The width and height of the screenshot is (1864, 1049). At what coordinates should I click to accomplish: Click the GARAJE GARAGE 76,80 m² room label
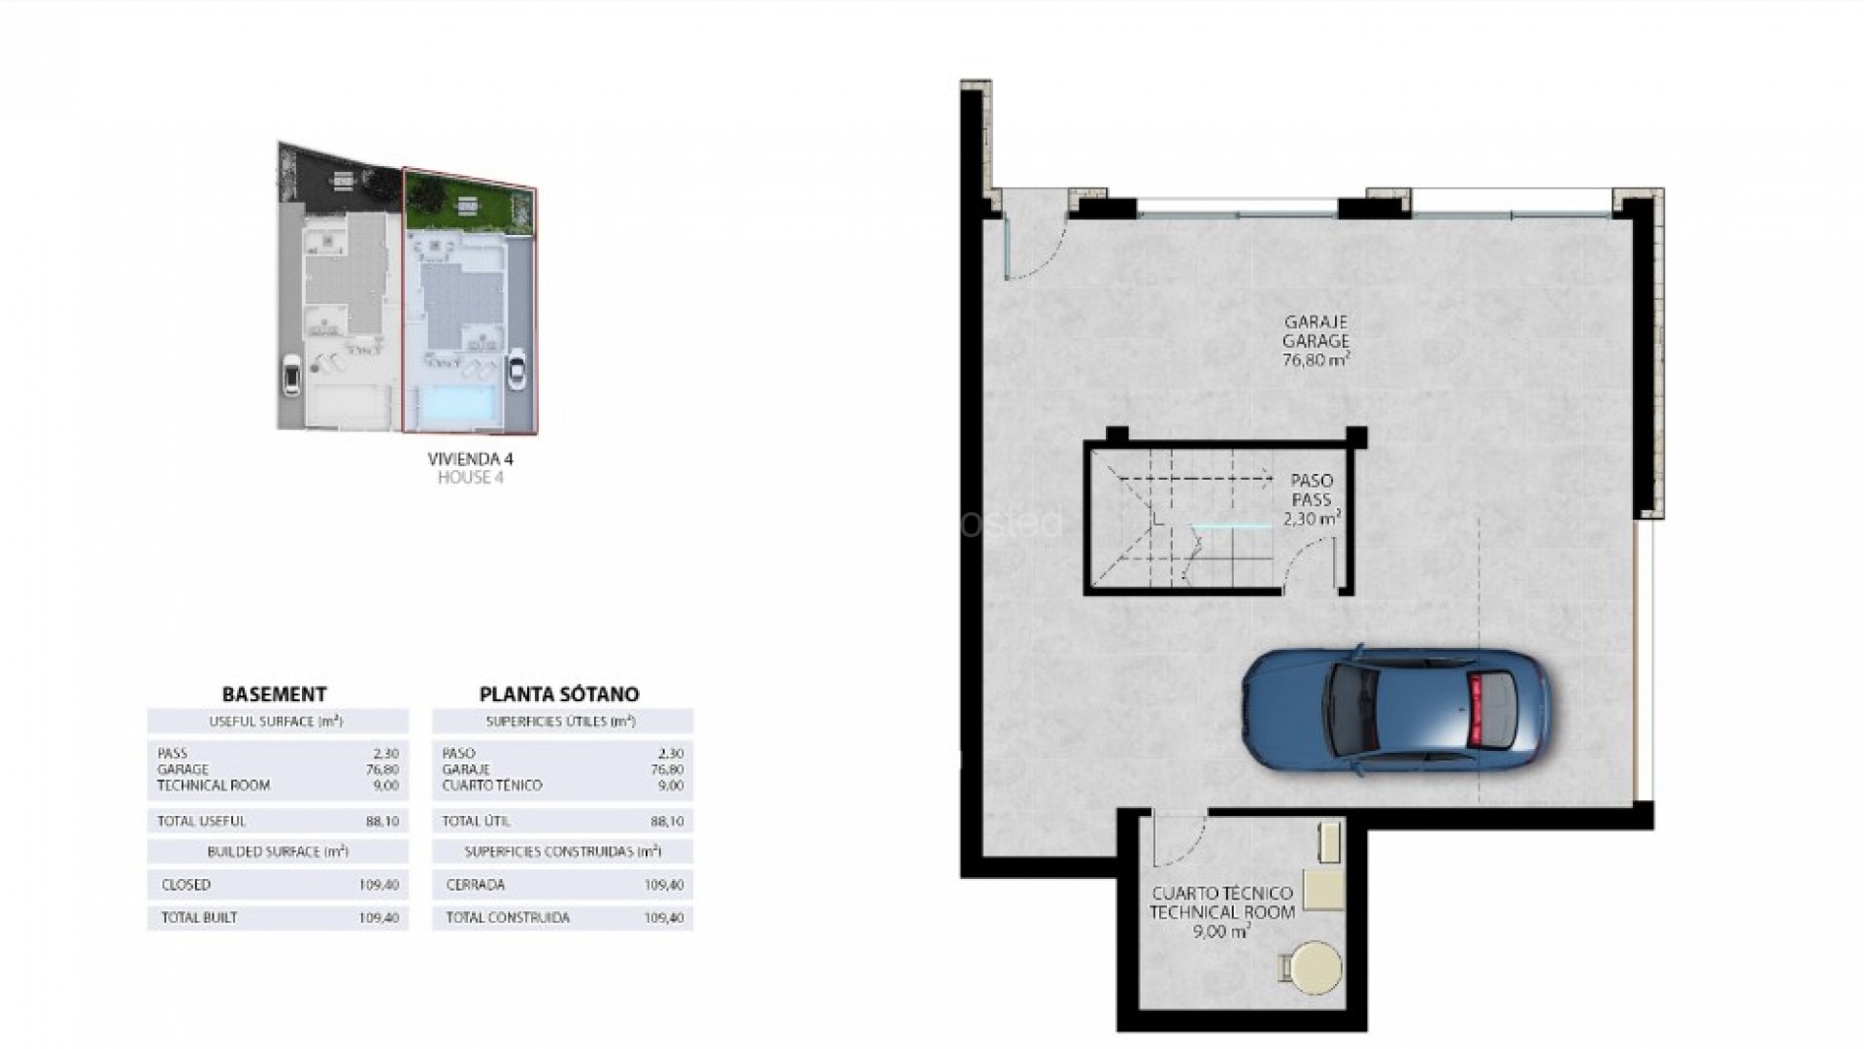point(1316,340)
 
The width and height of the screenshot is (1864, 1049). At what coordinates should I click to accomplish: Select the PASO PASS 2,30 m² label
point(1313,500)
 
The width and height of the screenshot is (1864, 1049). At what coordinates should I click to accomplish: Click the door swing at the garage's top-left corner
point(1035,249)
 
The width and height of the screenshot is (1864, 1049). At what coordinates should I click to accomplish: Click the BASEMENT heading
point(275,694)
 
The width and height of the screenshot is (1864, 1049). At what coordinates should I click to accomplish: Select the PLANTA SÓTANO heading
point(559,694)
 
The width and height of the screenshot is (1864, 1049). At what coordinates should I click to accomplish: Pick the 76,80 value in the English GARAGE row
point(384,769)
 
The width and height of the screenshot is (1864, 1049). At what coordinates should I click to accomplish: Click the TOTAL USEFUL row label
point(201,822)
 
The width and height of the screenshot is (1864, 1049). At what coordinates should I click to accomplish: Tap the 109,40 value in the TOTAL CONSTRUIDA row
point(664,917)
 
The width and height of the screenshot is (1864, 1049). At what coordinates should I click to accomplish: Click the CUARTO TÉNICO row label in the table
point(491,785)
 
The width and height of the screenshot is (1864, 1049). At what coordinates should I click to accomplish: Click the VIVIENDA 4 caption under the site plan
point(470,459)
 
